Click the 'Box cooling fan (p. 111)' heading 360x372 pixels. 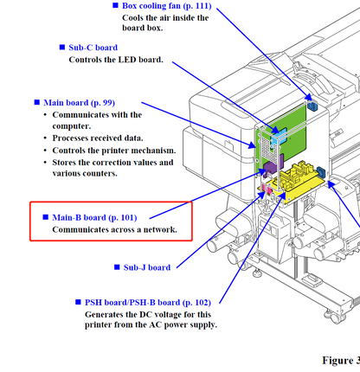(167, 6)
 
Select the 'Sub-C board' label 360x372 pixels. (93, 48)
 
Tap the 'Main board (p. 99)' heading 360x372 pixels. (80, 103)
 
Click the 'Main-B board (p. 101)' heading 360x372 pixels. (94, 217)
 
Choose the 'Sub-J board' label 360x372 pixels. (147, 267)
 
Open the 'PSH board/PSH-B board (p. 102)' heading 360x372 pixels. (148, 302)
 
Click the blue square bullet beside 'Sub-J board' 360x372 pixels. (117, 267)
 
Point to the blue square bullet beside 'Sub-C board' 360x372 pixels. (62, 47)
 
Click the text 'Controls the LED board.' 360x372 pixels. (116, 60)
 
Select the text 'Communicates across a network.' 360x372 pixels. (114, 229)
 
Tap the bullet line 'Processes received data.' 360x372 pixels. (98, 138)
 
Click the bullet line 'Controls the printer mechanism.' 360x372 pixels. (114, 151)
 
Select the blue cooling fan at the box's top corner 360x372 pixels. (312, 106)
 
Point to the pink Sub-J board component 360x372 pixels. (267, 189)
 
